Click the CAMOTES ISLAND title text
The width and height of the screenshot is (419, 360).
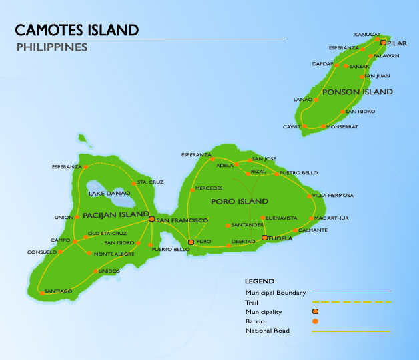point(77,30)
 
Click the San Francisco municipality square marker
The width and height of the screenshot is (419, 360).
point(151,219)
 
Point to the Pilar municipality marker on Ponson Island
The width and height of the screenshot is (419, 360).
point(383,42)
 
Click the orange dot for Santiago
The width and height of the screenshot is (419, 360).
point(41,291)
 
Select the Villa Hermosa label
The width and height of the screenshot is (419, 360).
point(333,196)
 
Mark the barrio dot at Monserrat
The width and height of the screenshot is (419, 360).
point(323,126)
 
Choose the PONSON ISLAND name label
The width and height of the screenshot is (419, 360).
point(358,92)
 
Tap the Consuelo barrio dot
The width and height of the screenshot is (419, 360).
point(60,252)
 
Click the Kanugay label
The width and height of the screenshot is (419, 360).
point(367,34)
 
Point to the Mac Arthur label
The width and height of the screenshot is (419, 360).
point(332,218)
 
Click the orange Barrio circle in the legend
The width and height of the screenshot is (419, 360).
point(315,321)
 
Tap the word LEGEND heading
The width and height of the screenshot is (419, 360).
point(260,281)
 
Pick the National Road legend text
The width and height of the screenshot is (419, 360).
point(267,331)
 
